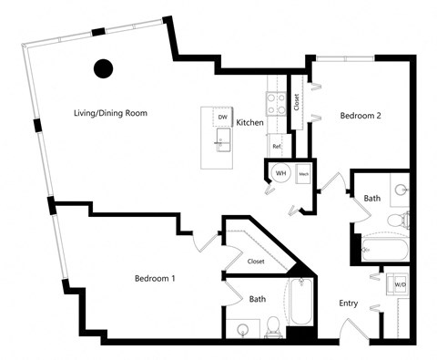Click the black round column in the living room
[x=104, y=67]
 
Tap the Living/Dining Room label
[x=111, y=114]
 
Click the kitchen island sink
[x=221, y=139]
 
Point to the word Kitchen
[x=250, y=122]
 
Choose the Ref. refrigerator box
[x=275, y=145]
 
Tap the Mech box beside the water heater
[x=303, y=173]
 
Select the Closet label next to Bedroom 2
[x=296, y=101]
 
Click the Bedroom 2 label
[x=360, y=116]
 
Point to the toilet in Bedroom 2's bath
[x=398, y=220]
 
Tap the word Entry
[x=349, y=303]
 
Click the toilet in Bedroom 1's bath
[x=275, y=325]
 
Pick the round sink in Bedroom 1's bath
[x=242, y=330]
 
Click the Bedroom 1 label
[x=155, y=277]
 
